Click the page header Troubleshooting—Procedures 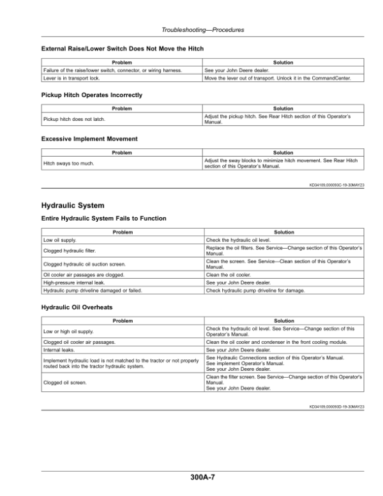(x=203, y=30)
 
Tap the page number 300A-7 (x=202, y=476)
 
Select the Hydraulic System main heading (x=71, y=206)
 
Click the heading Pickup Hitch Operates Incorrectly (x=91, y=95)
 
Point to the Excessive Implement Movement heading (x=89, y=139)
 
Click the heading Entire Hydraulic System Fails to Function (x=103, y=219)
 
